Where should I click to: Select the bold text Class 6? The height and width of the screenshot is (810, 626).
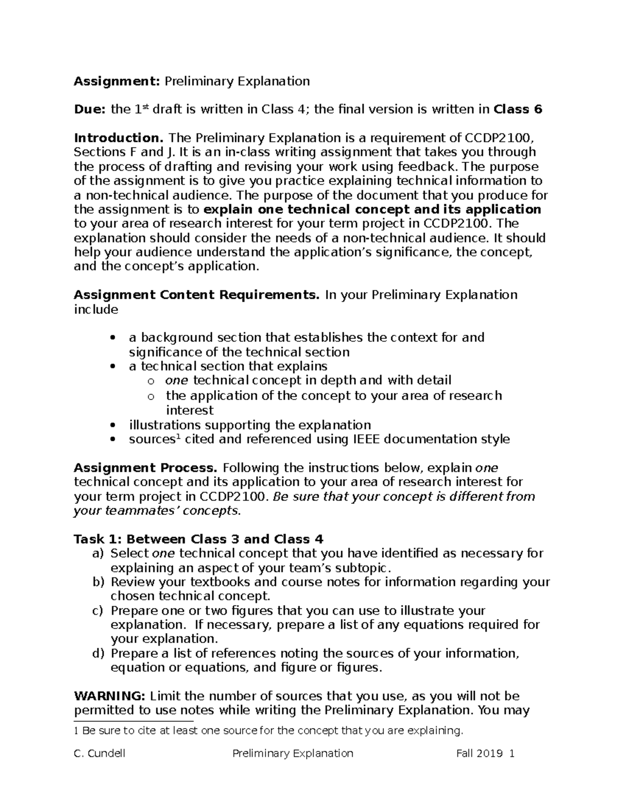click(x=517, y=110)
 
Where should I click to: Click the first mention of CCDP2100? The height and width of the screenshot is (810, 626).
click(x=498, y=138)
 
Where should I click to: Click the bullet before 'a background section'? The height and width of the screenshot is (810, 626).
click(x=113, y=338)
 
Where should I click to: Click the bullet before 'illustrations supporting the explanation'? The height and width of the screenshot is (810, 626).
click(x=113, y=425)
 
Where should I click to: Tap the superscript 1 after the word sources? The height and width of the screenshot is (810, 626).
click(x=176, y=437)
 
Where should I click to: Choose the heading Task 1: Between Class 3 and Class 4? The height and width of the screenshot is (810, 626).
click(x=198, y=539)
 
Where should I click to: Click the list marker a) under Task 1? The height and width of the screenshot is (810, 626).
click(x=98, y=553)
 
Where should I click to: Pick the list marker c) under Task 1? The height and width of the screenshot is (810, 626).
click(x=98, y=611)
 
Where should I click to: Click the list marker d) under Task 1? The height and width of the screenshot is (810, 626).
click(x=98, y=654)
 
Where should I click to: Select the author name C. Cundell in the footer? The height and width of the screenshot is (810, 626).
click(x=100, y=754)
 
